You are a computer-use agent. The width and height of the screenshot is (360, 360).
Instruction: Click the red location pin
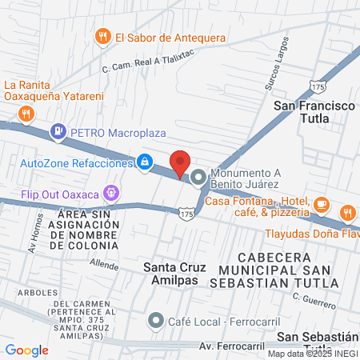(181, 163)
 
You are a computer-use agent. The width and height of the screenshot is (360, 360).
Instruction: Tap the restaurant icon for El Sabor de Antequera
(102, 37)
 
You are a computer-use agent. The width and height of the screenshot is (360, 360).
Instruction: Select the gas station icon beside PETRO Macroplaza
(58, 130)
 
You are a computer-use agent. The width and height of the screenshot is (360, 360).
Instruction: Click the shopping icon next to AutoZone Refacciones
(144, 162)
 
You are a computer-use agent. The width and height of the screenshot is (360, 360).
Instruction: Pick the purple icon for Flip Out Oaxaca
(110, 193)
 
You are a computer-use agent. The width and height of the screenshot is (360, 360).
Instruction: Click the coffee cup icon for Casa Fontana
(320, 203)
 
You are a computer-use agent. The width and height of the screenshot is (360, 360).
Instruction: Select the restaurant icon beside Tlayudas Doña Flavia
(347, 214)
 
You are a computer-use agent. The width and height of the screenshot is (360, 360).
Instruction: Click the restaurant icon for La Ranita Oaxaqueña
(27, 113)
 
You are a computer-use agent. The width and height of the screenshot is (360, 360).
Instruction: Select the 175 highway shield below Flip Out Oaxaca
(187, 214)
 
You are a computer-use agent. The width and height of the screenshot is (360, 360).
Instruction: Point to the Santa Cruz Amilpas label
(174, 274)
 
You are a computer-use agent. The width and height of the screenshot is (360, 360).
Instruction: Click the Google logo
(26, 350)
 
